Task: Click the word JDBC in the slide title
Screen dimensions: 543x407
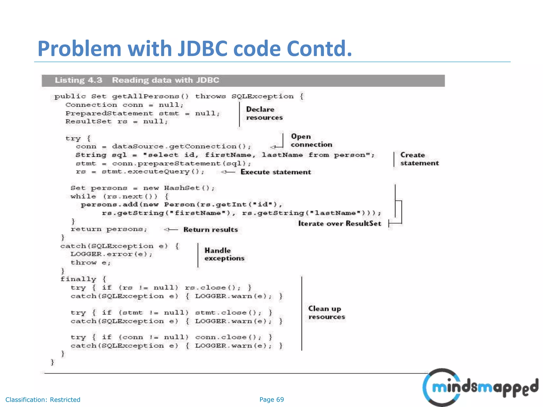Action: coord(202,49)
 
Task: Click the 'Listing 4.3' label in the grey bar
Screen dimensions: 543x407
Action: coord(78,80)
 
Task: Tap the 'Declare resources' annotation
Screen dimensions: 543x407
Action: coord(264,113)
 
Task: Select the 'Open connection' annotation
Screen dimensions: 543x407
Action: coord(311,140)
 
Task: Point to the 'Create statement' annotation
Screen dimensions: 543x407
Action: coord(419,159)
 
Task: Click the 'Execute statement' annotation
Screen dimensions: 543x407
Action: coord(275,172)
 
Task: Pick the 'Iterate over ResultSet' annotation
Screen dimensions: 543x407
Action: coord(340,224)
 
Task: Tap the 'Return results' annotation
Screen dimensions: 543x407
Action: coord(211,229)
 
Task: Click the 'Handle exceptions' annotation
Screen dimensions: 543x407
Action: coord(224,254)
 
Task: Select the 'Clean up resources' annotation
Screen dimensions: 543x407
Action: coord(326,313)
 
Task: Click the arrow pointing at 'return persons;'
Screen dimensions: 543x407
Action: coord(171,229)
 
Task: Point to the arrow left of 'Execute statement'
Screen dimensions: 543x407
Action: coord(228,172)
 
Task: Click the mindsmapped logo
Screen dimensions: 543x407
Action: coord(480,387)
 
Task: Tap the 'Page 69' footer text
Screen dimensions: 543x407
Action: coord(271,400)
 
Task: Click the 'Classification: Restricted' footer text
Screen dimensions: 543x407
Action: coord(43,400)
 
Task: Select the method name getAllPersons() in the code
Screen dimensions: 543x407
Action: coord(150,96)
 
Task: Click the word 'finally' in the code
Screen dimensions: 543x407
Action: coord(78,279)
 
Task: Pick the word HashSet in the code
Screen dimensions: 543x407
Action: coord(182,188)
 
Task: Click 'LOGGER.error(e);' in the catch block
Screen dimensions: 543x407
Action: coord(111,254)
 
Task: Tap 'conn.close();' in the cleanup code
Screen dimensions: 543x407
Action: coord(228,337)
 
